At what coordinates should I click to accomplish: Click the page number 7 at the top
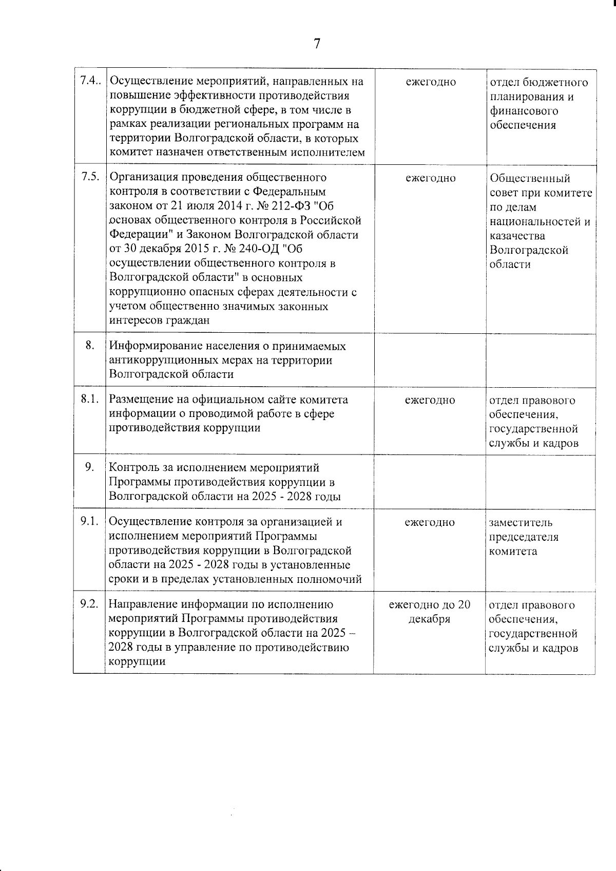click(317, 44)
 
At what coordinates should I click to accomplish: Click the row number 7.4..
click(90, 81)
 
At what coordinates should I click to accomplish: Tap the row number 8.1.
click(89, 399)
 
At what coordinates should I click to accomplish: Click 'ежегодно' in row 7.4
click(431, 82)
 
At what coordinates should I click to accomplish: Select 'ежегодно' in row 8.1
click(430, 400)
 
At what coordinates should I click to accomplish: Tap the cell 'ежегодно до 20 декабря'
click(429, 612)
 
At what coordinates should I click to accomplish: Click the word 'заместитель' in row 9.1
click(521, 523)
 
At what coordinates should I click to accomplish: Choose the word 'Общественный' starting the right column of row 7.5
click(530, 178)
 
